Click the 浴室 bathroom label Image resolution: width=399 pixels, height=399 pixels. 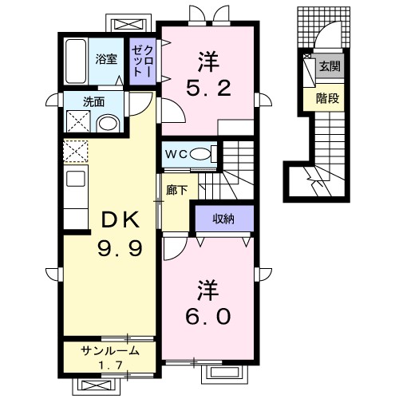point(106,59)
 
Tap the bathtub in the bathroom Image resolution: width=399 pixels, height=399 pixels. point(76,61)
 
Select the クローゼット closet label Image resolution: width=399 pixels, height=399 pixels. point(143,61)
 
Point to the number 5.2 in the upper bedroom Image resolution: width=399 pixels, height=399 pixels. point(208,88)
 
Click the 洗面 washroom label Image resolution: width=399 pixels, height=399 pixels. point(94,102)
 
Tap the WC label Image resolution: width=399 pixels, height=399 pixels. point(176,154)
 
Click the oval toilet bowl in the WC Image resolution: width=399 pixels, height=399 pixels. point(199,154)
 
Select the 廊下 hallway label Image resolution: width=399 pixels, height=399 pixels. point(176,190)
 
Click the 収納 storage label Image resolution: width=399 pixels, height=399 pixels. point(223,219)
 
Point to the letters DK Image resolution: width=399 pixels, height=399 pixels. point(120,219)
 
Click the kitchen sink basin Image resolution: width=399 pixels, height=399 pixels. point(76,179)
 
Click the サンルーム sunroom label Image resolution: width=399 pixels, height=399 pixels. point(110,351)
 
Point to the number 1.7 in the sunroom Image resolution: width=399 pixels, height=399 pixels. point(111,365)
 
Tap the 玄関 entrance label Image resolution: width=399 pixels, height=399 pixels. point(330,66)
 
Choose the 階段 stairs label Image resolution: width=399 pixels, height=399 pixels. point(327,99)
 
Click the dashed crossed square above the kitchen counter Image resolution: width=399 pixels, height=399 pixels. point(76,151)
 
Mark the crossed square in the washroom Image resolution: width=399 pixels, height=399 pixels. point(78,121)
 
